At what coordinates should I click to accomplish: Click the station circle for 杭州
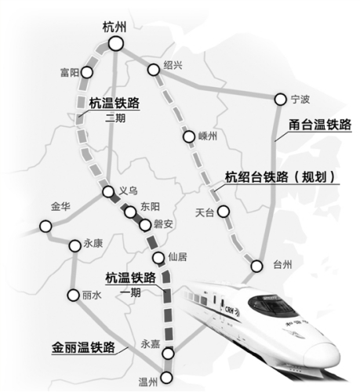115,44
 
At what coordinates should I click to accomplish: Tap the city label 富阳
70,72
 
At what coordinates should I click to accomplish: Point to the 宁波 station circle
278,100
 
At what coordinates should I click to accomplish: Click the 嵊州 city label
206,136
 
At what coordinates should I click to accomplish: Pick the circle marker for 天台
224,211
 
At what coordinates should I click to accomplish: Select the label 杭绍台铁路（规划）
280,177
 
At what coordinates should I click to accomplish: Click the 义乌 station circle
108,193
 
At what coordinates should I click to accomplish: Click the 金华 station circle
46,227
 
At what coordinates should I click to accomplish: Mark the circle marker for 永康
75,245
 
